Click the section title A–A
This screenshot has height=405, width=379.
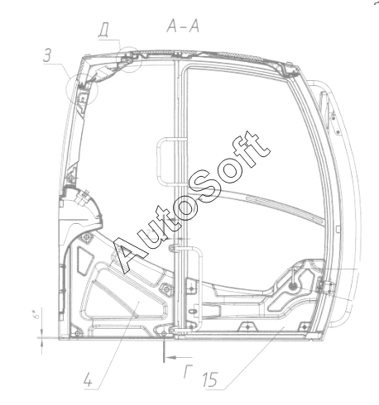pos(183,26)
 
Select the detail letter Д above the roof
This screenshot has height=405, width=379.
pos(103,31)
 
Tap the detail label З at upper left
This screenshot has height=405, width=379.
pos(47,55)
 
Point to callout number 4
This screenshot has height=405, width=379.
pos(88,379)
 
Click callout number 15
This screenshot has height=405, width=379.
pos(210,379)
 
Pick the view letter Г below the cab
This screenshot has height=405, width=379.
pos(188,371)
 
